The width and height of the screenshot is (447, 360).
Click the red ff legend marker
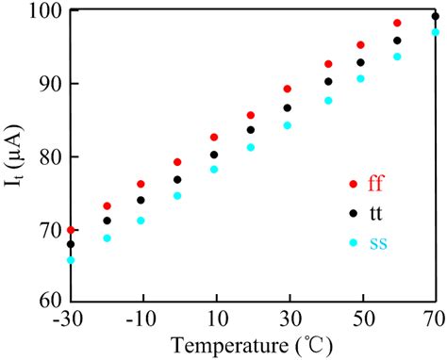point(354,184)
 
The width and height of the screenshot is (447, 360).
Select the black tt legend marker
point(354,213)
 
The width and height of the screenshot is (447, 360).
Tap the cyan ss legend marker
point(354,242)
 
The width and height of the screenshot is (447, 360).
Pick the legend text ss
point(379,243)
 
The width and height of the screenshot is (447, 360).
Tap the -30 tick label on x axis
point(70,319)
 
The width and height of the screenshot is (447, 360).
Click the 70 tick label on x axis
point(434,319)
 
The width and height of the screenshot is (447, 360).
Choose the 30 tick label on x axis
point(288,319)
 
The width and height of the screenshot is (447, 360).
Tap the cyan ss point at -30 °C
point(70,259)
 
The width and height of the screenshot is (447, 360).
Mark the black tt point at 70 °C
point(435,16)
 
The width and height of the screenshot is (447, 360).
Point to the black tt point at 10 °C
point(214,155)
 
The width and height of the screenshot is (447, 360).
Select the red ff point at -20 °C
point(107,205)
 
